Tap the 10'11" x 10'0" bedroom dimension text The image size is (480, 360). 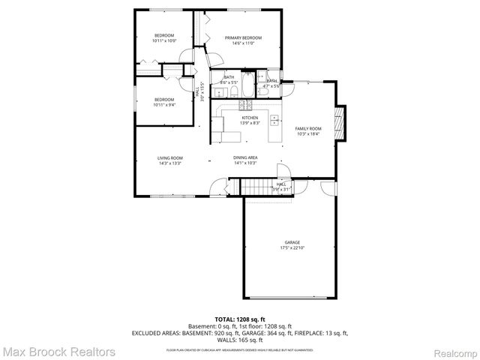[x=163, y=41]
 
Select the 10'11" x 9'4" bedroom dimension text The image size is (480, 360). [x=163, y=105]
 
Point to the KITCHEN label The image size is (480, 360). [x=250, y=118]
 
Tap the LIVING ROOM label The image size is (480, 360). [x=170, y=157]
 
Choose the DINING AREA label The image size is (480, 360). [x=245, y=157]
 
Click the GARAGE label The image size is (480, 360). [x=292, y=242]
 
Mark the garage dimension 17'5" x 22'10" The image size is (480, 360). [x=292, y=248]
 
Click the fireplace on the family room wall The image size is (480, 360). [x=341, y=122]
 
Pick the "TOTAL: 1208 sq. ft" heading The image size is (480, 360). [x=239, y=319]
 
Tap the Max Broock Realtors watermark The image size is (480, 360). [x=58, y=351]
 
